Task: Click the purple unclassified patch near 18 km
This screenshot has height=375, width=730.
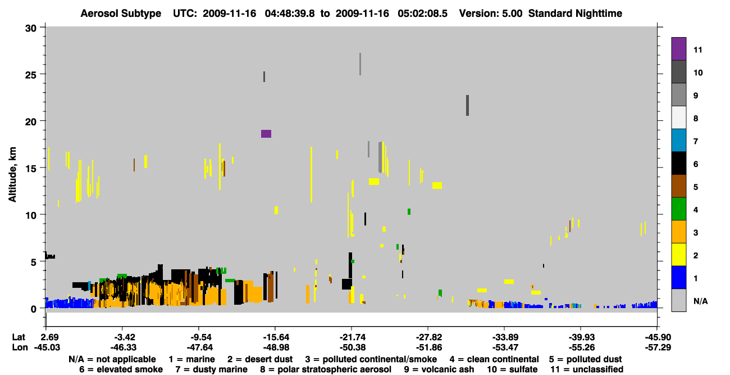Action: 266,134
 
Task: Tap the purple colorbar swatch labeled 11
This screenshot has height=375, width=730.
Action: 678,49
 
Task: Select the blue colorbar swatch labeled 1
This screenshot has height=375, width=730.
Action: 678,277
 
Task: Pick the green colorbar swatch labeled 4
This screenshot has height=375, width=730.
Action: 678,209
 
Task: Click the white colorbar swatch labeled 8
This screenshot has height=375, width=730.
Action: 678,118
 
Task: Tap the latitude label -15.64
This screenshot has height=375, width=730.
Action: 275,337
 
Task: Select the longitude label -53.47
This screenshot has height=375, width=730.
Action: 505,347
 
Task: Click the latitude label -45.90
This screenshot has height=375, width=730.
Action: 658,337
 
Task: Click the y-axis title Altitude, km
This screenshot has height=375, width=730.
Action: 12,175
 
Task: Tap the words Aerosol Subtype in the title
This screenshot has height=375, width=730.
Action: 121,13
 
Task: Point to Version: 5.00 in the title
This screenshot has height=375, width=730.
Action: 491,13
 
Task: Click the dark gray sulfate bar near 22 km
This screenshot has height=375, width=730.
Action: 467,106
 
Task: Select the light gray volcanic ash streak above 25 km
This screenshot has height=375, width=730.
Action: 360,64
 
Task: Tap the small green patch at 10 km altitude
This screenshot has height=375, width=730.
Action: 409,211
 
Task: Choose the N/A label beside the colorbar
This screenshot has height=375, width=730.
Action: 701,301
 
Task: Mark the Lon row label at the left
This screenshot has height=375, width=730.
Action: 20,347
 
